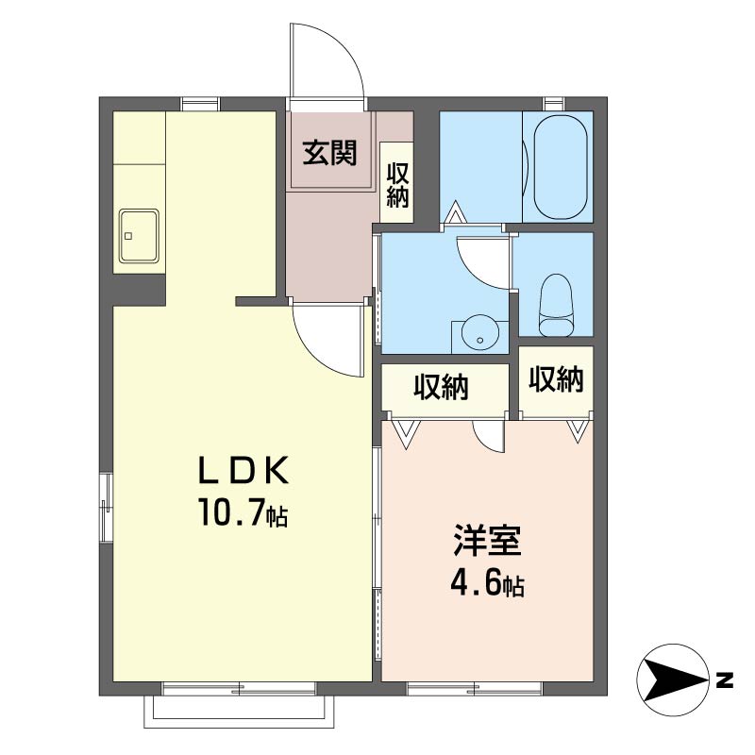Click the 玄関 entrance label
point(329,153)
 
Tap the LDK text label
point(243,469)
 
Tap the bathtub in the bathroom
point(561,167)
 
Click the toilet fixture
point(557,305)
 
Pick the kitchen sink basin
point(139,236)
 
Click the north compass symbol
point(673,679)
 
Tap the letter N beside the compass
point(724,679)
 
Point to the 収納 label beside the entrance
point(397,185)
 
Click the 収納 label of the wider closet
point(441,387)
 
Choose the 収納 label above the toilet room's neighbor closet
point(556,379)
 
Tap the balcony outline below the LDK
point(239,712)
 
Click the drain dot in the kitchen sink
point(128,236)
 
